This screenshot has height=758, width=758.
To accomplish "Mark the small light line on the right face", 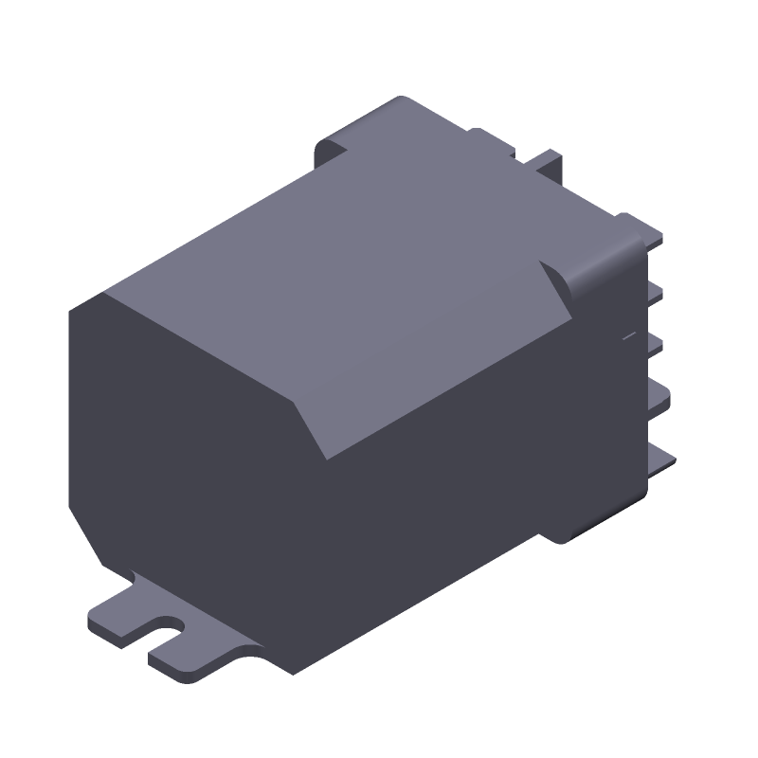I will (x=626, y=336).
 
